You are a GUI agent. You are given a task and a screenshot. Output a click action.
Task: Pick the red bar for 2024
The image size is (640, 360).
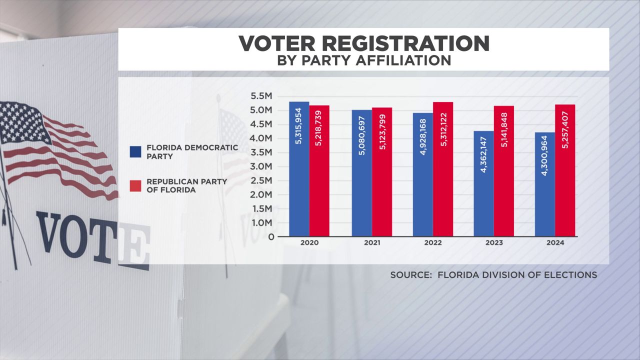point(565,170)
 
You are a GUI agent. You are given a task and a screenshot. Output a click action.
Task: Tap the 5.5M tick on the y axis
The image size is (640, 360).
point(262,95)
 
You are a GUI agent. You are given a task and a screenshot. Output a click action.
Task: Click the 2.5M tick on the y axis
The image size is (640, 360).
point(262,180)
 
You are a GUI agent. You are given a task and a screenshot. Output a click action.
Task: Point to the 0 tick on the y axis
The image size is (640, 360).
point(271,237)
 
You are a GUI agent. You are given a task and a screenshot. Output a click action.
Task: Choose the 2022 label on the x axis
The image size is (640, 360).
point(433,243)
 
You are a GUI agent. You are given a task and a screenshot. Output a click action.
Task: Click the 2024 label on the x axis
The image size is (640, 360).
point(555,243)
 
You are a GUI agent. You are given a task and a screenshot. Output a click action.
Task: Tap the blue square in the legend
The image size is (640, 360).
point(135,151)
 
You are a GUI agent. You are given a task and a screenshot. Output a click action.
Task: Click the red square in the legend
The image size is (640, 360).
point(135,185)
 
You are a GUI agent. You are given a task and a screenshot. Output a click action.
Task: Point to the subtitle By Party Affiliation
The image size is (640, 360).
point(364,60)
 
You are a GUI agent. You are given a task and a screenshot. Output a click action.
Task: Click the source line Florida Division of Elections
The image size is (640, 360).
point(493,274)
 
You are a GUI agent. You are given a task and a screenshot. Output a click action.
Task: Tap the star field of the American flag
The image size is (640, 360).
point(22,122)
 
